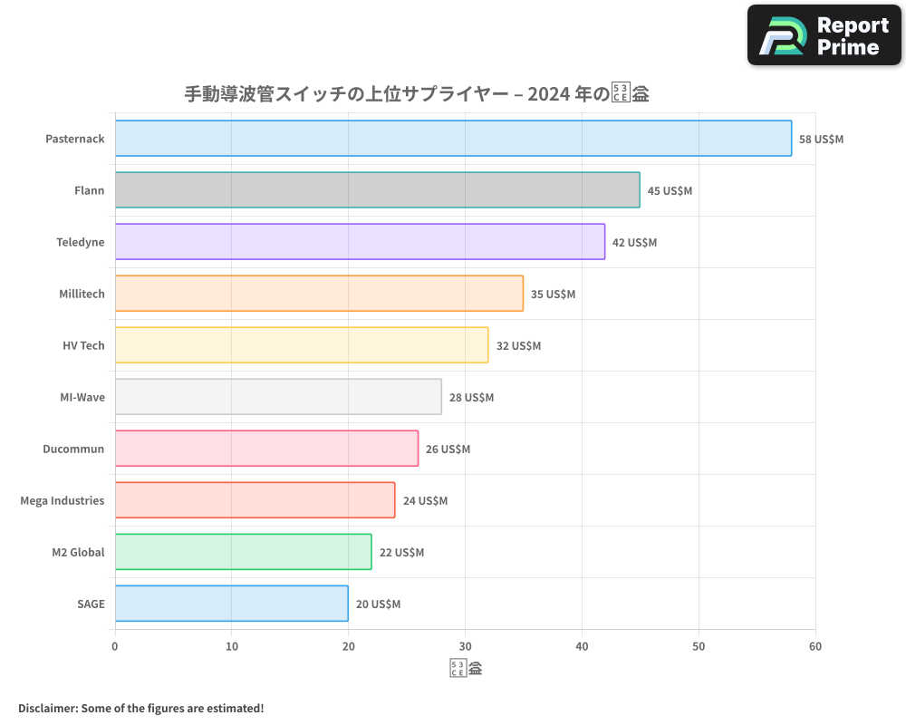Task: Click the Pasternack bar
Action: tap(453, 139)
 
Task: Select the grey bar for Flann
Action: tap(377, 190)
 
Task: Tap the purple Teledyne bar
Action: tap(360, 242)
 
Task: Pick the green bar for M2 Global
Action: tap(243, 552)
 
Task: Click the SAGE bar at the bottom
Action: tap(231, 604)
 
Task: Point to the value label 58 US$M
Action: tap(821, 140)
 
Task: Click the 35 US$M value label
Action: tap(553, 295)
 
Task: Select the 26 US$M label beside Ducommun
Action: tap(448, 449)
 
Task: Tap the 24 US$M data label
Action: tap(425, 501)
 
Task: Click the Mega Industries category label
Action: tap(63, 501)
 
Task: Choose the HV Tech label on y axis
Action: tap(83, 346)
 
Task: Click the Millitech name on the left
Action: tap(82, 295)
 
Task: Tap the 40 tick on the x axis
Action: tap(582, 647)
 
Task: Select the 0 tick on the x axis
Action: tap(115, 647)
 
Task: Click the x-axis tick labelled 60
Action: tap(815, 647)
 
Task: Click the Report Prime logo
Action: tap(824, 35)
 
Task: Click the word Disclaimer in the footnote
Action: tap(46, 709)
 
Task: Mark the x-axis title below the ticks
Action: tap(466, 670)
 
